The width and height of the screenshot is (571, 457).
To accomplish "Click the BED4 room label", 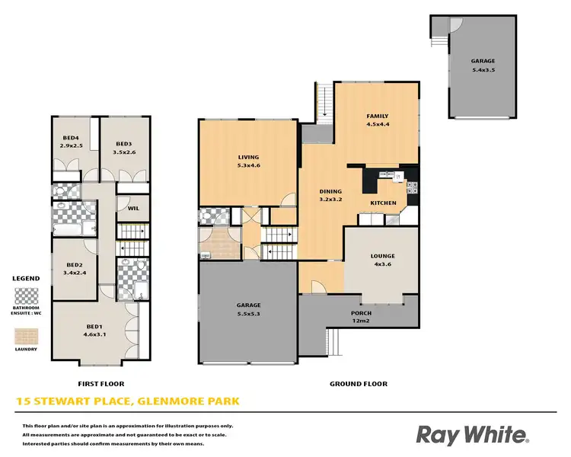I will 70,138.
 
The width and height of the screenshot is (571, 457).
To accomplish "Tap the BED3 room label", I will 124,143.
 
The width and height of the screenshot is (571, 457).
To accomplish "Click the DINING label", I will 330,192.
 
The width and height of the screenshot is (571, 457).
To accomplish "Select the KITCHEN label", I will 383,203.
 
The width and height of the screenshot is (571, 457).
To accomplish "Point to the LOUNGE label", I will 383,256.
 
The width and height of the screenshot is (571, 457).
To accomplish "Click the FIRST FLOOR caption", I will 101,384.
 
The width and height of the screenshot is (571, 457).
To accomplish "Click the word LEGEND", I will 25,279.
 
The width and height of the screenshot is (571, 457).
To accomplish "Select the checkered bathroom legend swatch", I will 26,294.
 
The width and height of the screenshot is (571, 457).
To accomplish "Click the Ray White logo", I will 472,434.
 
